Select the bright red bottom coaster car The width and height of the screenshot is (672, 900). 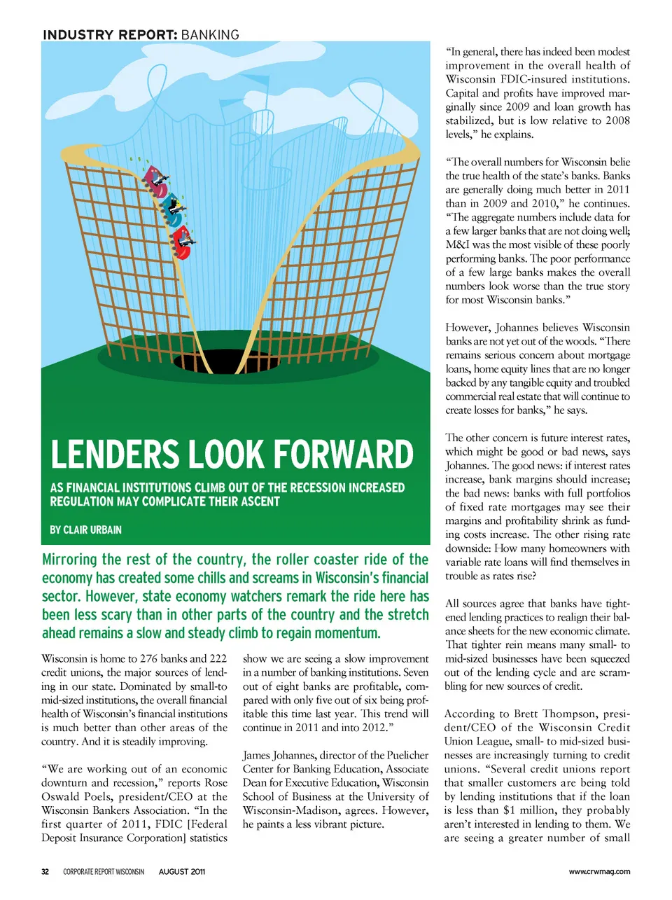(183, 242)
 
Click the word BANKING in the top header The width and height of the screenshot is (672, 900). (209, 35)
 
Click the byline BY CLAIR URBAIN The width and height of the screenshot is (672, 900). (85, 529)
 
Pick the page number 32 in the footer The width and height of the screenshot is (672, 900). (45, 872)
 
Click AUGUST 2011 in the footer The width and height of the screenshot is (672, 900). (182, 872)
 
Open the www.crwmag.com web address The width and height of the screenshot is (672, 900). (599, 872)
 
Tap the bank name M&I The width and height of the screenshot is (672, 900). (457, 244)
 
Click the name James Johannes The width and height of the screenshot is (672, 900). (278, 755)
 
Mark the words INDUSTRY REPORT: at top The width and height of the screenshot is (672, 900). (109, 35)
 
